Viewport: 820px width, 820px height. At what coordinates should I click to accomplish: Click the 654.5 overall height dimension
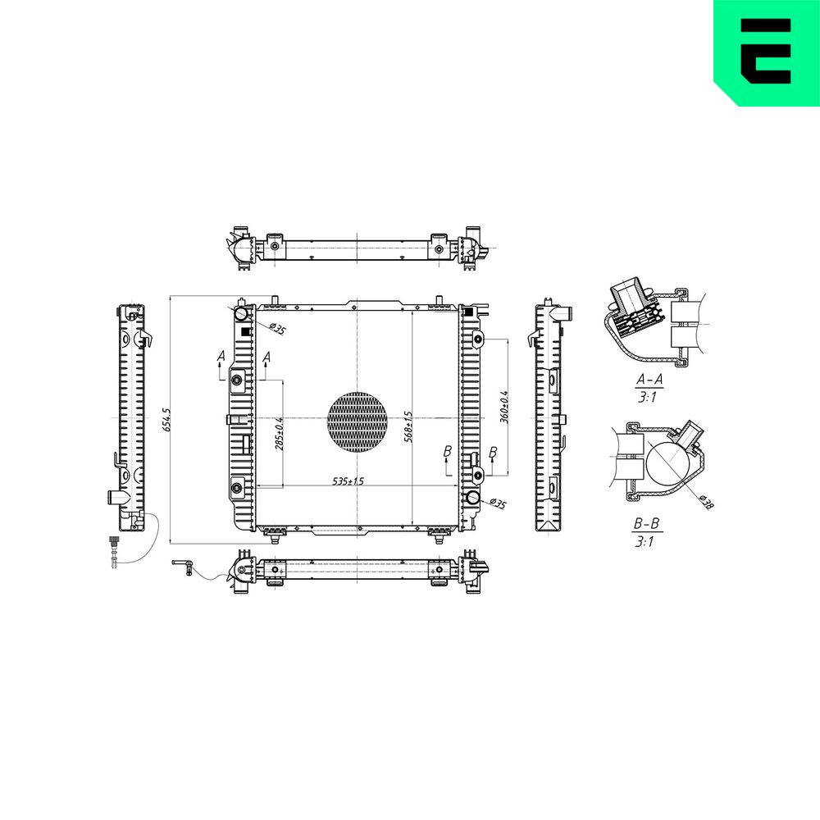(166, 420)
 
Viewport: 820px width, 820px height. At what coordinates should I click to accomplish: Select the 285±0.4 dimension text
(280, 433)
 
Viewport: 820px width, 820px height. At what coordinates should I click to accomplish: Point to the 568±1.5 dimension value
(408, 426)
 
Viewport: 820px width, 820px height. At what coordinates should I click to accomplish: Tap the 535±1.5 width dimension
(349, 481)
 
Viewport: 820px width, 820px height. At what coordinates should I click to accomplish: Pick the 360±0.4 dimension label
(504, 407)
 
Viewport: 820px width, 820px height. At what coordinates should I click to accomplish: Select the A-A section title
(649, 380)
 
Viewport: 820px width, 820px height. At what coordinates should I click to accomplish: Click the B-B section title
(648, 523)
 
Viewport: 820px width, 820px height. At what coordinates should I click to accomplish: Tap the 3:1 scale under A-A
(647, 397)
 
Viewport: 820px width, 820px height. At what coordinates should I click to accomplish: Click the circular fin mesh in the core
(357, 421)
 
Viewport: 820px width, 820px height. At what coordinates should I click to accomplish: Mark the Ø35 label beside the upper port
(277, 330)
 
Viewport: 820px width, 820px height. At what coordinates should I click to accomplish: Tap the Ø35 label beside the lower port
(496, 503)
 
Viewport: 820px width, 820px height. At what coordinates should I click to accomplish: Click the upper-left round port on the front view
(241, 313)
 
